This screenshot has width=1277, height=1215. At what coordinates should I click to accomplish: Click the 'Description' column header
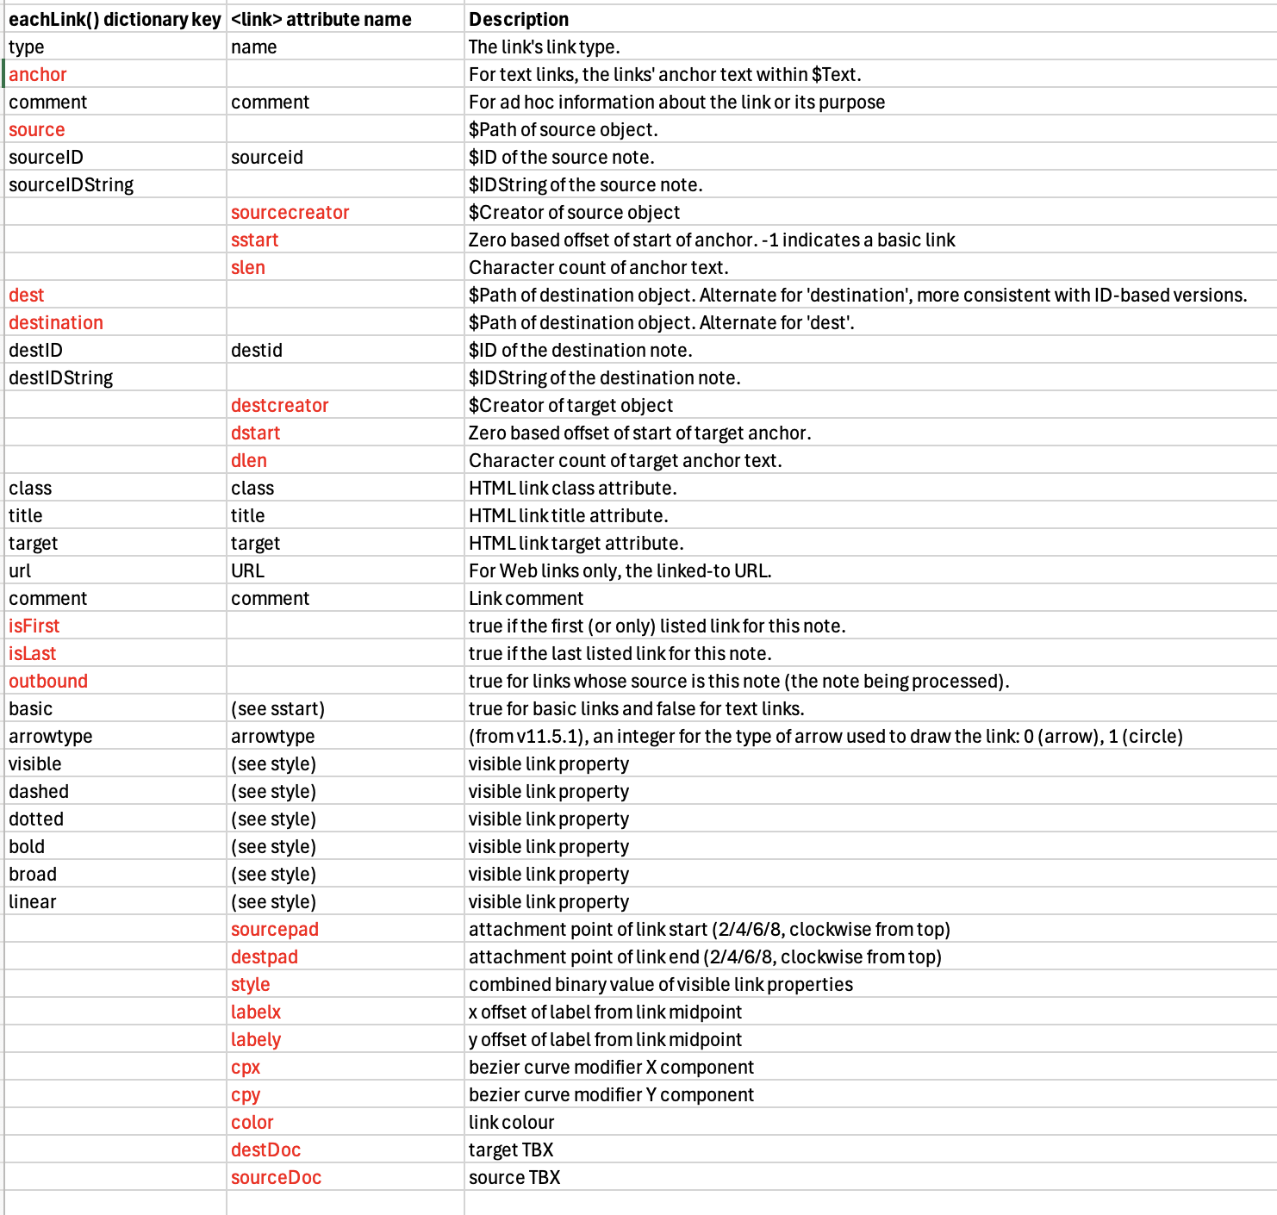pyautogui.click(x=519, y=19)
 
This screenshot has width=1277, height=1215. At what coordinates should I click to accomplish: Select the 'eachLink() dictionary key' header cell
pyautogui.click(x=115, y=19)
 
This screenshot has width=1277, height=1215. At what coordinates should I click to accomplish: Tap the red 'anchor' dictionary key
pyautogui.click(x=38, y=74)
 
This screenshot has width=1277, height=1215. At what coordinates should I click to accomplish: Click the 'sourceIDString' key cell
pyautogui.click(x=72, y=184)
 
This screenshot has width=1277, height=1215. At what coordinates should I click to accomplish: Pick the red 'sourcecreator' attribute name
pyautogui.click(x=290, y=212)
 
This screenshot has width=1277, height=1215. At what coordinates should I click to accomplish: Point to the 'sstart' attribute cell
pyautogui.click(x=254, y=240)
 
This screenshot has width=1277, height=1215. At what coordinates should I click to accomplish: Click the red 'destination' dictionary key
pyautogui.click(x=56, y=322)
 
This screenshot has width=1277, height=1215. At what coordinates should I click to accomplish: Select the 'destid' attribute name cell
pyautogui.click(x=257, y=350)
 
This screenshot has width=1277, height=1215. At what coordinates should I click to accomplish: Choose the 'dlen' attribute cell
pyautogui.click(x=248, y=460)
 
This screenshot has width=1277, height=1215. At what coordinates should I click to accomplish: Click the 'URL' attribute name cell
pyautogui.click(x=247, y=570)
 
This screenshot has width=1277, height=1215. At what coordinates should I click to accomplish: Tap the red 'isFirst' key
pyautogui.click(x=34, y=626)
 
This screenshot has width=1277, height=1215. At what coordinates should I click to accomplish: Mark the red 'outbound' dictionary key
pyautogui.click(x=48, y=681)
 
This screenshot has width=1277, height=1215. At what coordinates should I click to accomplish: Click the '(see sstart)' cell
pyautogui.click(x=277, y=708)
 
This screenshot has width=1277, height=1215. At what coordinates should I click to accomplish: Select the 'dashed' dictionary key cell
pyautogui.click(x=39, y=791)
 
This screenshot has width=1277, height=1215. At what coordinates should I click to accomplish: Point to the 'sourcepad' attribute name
pyautogui.click(x=274, y=929)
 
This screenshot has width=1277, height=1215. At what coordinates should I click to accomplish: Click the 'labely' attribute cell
pyautogui.click(x=255, y=1039)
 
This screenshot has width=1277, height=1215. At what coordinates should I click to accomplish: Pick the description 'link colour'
pyautogui.click(x=511, y=1122)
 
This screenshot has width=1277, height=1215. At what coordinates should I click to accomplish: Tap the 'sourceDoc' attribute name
pyautogui.click(x=276, y=1177)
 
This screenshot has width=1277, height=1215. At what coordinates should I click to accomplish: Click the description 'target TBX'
pyautogui.click(x=511, y=1150)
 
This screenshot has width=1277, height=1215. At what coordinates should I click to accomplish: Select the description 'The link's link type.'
pyautogui.click(x=544, y=47)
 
